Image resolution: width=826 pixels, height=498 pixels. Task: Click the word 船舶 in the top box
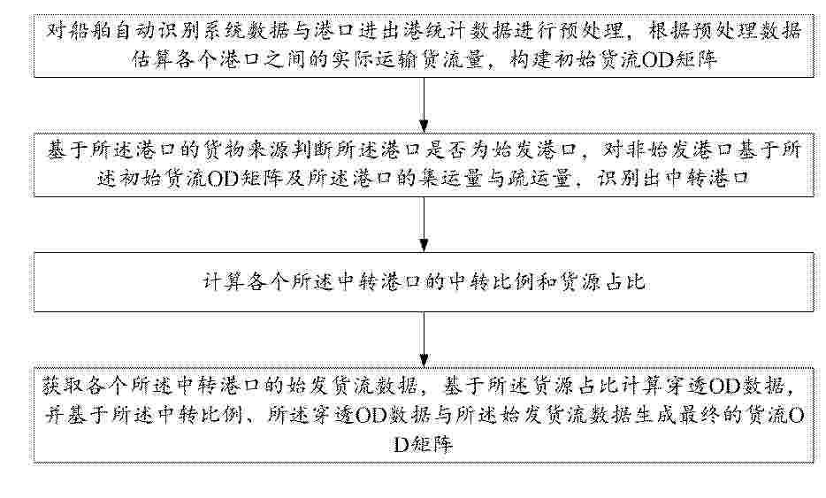pyautogui.click(x=92, y=31)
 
